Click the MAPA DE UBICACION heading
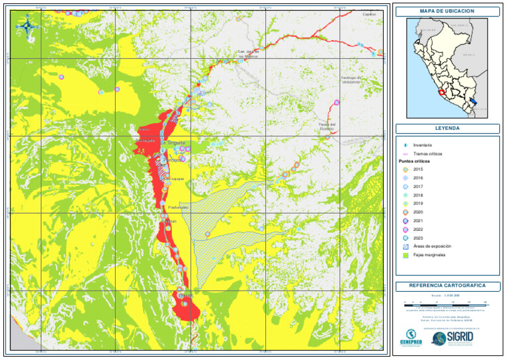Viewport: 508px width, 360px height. [x=446, y=11]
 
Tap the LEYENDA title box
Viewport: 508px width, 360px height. [x=446, y=128]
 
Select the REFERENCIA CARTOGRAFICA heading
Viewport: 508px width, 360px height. [x=446, y=286]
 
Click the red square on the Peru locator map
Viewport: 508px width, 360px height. [x=442, y=93]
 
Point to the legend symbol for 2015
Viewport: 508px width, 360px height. [x=405, y=170]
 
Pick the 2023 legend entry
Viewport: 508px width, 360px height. [x=418, y=238]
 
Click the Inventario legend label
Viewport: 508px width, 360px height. [x=423, y=144]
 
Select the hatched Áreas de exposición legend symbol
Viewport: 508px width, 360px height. [x=405, y=246]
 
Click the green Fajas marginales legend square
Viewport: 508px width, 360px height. [x=405, y=255]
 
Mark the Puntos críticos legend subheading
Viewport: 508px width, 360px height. [x=414, y=161]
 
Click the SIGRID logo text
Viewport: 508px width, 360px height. [x=460, y=337]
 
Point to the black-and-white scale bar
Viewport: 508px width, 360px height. [x=446, y=302]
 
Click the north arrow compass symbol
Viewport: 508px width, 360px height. [x=26, y=26]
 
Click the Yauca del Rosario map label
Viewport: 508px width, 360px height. [x=327, y=126]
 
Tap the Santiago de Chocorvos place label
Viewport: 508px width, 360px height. [x=351, y=79]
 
